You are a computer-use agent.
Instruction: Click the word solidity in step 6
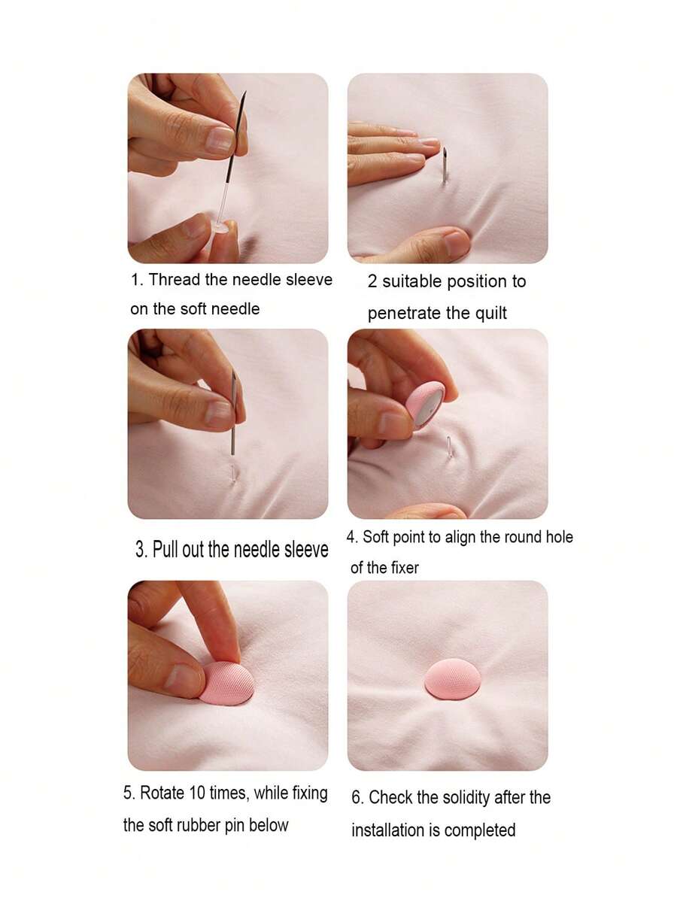pyautogui.click(x=454, y=797)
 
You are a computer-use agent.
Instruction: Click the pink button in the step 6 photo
pyautogui.click(x=452, y=678)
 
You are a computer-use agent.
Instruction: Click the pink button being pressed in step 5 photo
pyautogui.click(x=227, y=683)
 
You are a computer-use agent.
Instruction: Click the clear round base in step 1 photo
pyautogui.click(x=219, y=226)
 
